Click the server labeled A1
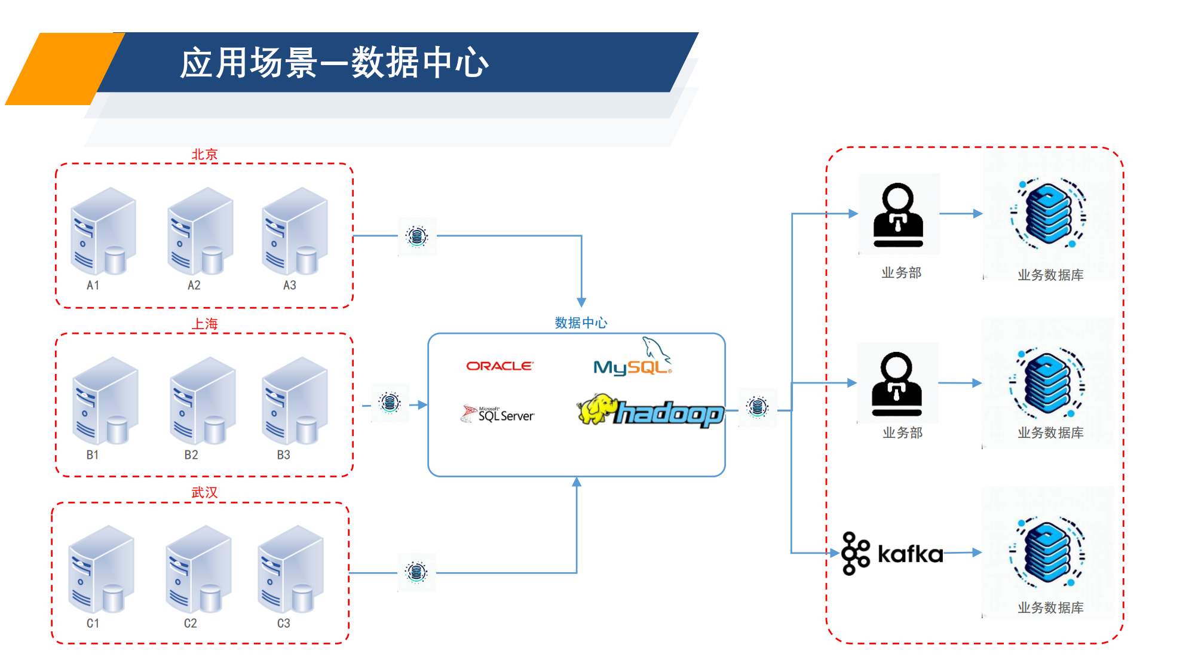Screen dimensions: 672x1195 [x=103, y=231]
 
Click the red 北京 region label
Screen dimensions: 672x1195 [x=204, y=154]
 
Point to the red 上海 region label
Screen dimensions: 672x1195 [x=204, y=324]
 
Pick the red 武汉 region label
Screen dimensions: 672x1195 [x=204, y=492]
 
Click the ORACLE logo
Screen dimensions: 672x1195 [x=500, y=366]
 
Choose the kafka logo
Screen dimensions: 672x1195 [x=891, y=554]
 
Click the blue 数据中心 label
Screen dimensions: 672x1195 [x=581, y=323]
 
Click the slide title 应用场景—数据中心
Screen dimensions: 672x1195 [x=335, y=62]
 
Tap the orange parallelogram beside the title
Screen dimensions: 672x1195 [x=63, y=69]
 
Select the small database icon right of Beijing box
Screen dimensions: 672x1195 [x=417, y=237]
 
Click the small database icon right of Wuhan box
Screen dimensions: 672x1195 [x=416, y=572]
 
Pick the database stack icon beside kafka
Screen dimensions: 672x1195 [x=1048, y=553]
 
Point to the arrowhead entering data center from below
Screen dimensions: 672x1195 [x=577, y=482]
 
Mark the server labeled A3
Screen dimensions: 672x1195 [x=295, y=231]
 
